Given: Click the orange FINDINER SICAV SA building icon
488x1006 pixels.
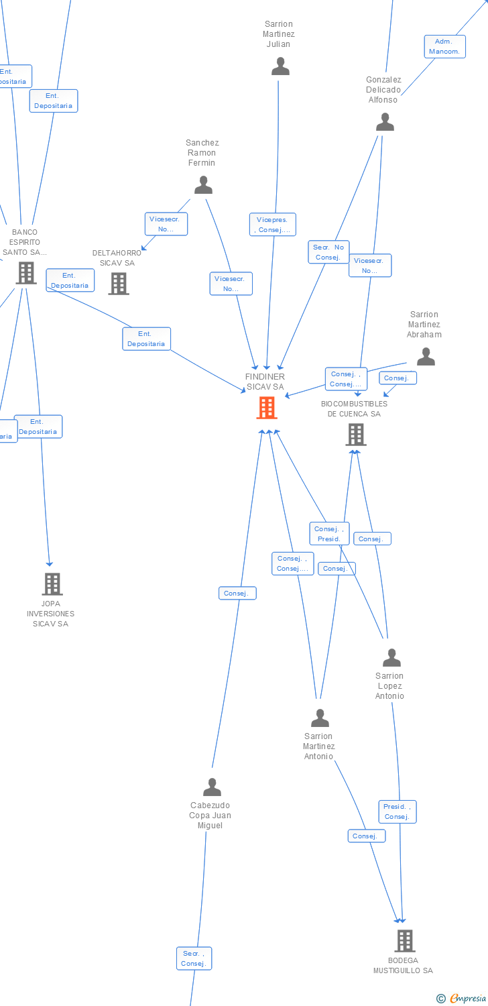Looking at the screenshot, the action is coord(267,408).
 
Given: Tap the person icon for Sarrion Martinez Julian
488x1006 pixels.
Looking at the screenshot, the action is coord(280,66).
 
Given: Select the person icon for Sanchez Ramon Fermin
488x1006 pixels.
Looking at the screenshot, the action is coord(203,184).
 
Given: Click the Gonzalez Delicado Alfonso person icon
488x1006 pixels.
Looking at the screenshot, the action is coord(385,122).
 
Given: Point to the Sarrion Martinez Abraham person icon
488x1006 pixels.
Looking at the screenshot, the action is coord(426,357).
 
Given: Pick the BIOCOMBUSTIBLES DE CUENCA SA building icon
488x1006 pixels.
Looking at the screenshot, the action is coord(356,435).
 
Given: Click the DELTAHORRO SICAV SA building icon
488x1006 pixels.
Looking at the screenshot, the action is coord(119,284).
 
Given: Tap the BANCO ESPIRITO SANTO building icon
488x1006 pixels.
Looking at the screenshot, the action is coord(26,273).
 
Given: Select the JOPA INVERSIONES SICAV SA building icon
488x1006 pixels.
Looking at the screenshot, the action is coord(52,584).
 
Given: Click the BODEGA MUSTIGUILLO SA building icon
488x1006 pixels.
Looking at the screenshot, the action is coord(404,941).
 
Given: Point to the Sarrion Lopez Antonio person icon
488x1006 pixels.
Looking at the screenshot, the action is coord(391,658).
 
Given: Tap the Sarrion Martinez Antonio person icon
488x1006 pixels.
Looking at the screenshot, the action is coord(320,718).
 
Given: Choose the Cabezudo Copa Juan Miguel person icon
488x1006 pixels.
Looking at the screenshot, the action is coord(212,787).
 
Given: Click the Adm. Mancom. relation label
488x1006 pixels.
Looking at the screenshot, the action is coord(444,46).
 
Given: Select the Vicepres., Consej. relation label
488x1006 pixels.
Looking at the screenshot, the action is coord(272,225).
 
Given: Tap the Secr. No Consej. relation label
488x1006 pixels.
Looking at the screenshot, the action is coord(328,252).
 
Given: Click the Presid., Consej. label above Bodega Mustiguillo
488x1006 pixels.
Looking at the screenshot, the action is coord(398,812).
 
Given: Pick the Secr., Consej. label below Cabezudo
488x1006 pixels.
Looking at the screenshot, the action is coord(194,958).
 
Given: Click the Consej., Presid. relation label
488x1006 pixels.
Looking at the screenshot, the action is coord(329,534).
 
